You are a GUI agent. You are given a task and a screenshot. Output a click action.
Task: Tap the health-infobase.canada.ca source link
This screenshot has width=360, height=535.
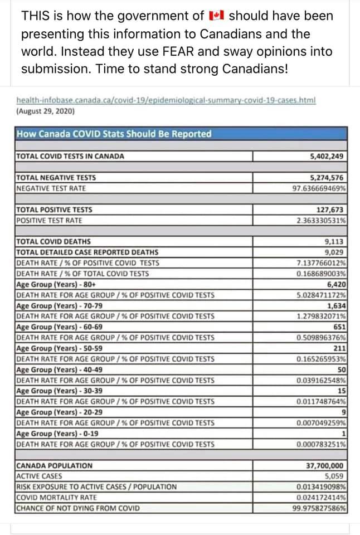166,100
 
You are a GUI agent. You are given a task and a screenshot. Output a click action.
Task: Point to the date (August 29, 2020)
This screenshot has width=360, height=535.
46,111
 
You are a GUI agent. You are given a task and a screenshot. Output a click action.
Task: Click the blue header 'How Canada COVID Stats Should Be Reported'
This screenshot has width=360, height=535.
114,134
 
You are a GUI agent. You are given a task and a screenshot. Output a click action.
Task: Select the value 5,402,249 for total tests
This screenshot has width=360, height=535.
327,157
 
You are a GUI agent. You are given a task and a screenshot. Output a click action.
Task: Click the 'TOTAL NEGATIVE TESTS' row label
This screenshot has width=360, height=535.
56,178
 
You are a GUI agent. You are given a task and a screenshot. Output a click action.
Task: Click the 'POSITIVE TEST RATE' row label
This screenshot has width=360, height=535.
50,220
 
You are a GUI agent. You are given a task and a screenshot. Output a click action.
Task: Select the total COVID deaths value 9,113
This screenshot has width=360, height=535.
334,242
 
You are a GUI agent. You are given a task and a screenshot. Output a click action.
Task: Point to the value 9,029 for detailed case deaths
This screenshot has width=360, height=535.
334,252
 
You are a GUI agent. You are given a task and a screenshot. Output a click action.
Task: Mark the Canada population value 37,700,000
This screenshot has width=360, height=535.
325,465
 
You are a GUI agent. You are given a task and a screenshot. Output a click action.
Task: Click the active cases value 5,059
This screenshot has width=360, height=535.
334,476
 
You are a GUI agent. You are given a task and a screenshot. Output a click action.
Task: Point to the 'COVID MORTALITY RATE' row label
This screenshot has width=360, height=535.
56,497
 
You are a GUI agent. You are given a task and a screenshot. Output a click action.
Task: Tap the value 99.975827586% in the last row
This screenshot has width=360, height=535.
319,508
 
